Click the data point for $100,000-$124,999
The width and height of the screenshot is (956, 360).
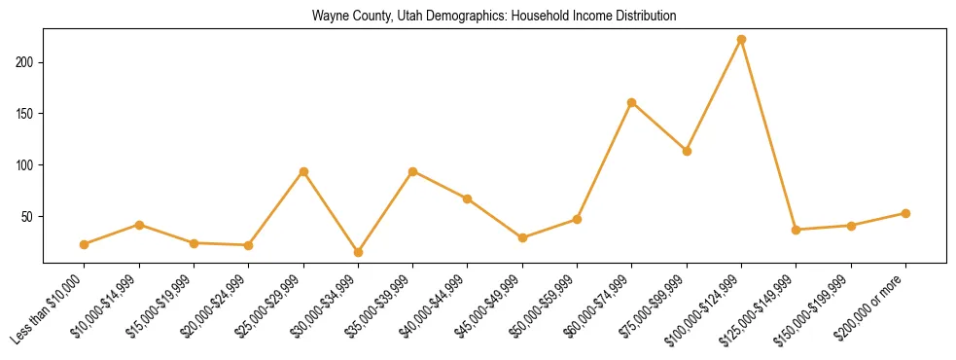(741, 39)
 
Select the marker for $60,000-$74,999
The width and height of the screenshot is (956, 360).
(632, 102)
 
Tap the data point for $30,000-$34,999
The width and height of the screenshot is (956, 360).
(358, 252)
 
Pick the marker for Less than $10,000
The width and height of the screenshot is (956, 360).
(85, 244)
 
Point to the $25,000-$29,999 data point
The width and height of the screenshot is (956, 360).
(303, 171)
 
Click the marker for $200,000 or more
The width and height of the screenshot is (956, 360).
(905, 213)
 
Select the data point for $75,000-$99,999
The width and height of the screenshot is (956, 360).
(687, 151)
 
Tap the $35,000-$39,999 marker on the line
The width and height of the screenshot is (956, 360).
(412, 171)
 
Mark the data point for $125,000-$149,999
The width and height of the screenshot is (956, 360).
(796, 230)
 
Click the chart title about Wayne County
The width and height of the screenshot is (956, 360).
(494, 17)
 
